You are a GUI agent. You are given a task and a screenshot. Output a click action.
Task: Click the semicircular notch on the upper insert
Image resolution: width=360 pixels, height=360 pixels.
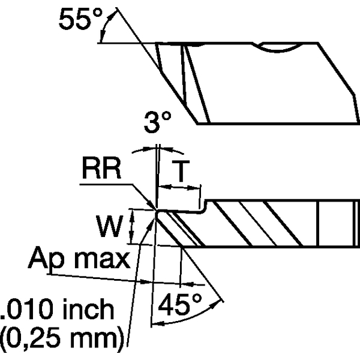279,46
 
